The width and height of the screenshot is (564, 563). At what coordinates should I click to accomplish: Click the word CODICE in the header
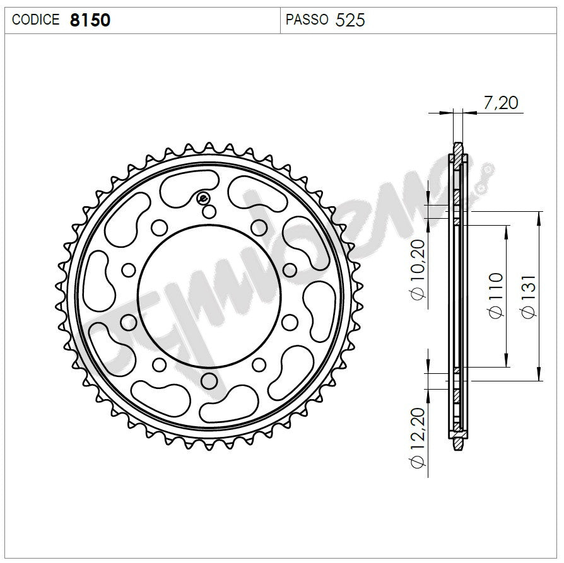[x=36, y=20]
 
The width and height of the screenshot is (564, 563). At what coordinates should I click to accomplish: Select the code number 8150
[x=90, y=20]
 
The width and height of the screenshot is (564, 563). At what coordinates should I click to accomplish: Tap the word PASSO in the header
[x=307, y=20]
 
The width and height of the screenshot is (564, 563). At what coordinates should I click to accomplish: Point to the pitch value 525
[x=350, y=20]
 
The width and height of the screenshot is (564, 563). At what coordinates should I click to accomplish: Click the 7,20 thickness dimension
[x=501, y=103]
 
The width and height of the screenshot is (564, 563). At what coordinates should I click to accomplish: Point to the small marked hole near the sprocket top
[x=204, y=199]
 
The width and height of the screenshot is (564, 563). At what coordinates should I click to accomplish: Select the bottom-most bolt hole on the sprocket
[x=208, y=381]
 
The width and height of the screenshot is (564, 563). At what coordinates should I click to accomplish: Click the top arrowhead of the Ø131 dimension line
[x=538, y=215]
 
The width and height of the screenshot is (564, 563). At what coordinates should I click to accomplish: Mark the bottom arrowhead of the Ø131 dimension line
[x=538, y=378]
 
